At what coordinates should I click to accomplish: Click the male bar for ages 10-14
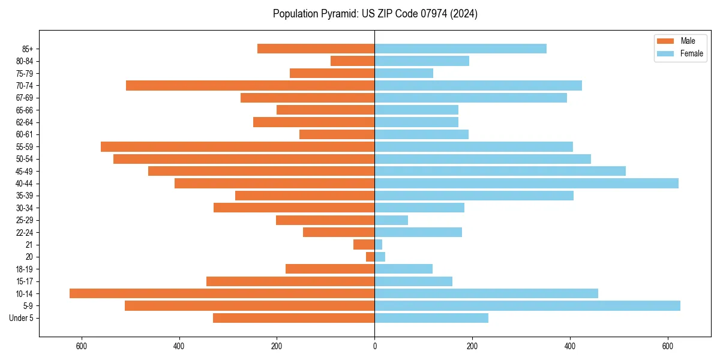tap(222, 293)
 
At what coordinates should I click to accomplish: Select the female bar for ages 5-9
tap(527, 305)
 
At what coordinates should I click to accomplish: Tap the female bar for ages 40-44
tap(526, 183)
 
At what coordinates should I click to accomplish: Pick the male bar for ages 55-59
tap(238, 146)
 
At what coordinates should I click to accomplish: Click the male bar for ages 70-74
tap(250, 85)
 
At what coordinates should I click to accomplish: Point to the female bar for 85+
tap(460, 49)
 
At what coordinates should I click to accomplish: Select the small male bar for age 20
tap(370, 257)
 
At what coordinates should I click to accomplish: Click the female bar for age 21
tap(379, 244)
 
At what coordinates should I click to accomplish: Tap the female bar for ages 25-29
tap(391, 220)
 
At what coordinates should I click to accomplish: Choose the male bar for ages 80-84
tap(352, 61)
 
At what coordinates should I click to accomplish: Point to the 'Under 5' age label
tap(22, 318)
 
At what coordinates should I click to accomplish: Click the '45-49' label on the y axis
tap(25, 171)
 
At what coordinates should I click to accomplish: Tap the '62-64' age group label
tap(25, 122)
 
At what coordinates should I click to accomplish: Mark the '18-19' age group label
tap(25, 269)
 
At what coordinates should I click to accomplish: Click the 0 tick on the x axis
tap(374, 346)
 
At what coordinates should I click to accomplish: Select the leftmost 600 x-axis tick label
tap(82, 346)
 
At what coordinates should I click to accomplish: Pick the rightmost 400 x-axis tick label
tap(569, 346)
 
